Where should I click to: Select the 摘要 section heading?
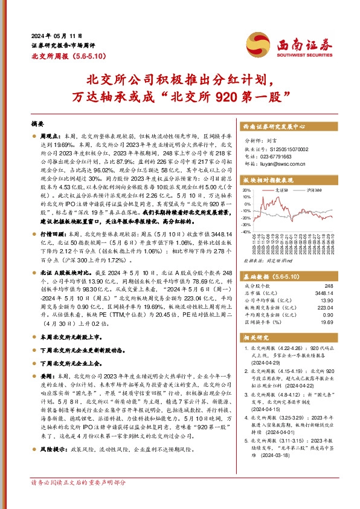tap(38, 123)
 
